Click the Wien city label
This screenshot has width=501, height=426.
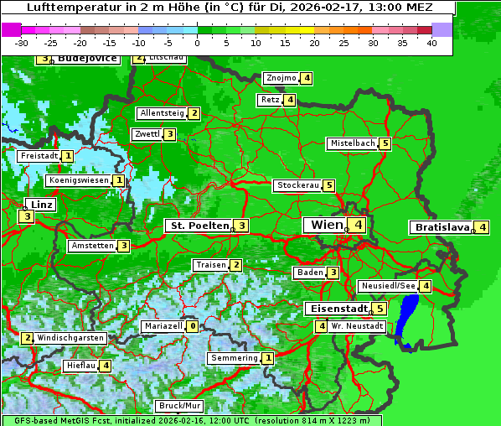(x=326, y=225)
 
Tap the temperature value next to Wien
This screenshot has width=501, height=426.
(x=358, y=225)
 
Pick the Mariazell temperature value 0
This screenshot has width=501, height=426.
(x=193, y=326)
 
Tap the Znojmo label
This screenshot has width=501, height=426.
(x=281, y=78)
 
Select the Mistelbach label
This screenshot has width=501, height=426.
(x=352, y=143)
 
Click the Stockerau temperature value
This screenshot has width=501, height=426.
(x=329, y=185)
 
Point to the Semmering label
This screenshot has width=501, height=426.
(x=234, y=358)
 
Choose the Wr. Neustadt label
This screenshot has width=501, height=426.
(x=357, y=326)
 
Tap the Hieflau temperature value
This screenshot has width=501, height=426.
(x=106, y=366)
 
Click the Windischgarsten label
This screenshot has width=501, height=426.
(x=71, y=338)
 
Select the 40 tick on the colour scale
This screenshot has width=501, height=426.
(x=431, y=42)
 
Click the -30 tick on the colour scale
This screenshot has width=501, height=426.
(x=22, y=42)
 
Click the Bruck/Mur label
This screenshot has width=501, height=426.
(x=179, y=406)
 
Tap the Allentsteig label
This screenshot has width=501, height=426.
(x=162, y=113)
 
